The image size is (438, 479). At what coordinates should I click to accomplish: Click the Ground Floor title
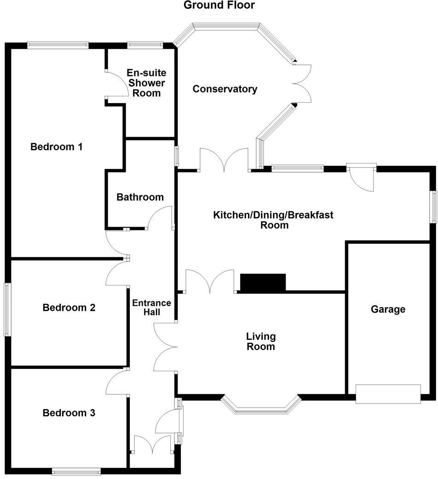pos(219,5)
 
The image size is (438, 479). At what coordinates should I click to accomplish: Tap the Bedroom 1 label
pos(57,146)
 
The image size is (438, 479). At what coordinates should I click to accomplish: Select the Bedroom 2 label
pos(69,307)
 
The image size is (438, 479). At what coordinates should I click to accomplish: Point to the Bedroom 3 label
pos(69,413)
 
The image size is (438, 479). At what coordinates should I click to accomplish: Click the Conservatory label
pos(225,89)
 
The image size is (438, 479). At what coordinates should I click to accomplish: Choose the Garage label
pos(388,309)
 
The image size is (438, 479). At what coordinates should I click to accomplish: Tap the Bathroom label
pos(140,197)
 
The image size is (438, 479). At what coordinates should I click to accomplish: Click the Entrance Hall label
pos(152,307)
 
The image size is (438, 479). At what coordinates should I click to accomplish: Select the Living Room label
pos(261,341)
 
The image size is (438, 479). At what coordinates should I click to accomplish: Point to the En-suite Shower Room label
pos(146,83)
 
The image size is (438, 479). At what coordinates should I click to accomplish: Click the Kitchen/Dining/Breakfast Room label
pos(273,220)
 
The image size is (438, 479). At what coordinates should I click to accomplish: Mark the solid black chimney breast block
pos(263,282)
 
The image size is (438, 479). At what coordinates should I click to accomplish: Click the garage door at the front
pos(388,394)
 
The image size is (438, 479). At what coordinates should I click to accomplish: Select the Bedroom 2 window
pos(7,310)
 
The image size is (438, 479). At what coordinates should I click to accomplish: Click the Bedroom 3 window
pos(76,471)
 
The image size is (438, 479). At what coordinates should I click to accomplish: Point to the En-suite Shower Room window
pos(145,45)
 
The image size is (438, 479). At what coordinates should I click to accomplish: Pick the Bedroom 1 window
pos(58,45)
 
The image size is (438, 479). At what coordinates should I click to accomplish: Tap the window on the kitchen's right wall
pos(433,207)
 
